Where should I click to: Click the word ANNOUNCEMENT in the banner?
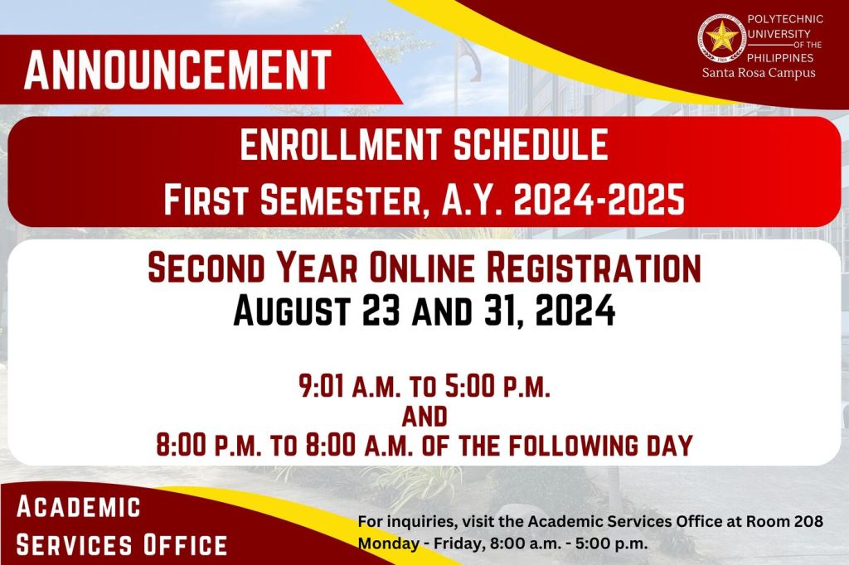click(177, 70)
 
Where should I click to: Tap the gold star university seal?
click(722, 38)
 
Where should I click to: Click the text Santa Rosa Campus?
click(759, 73)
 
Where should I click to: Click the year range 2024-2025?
click(599, 199)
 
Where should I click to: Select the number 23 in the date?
click(381, 310)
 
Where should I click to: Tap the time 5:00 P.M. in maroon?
click(497, 386)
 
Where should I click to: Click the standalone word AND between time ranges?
click(424, 417)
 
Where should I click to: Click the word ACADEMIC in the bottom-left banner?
click(79, 507)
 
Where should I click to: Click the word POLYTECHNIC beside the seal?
click(785, 19)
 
